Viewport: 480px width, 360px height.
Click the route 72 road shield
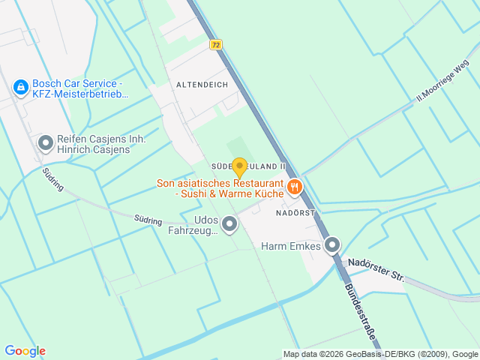click(x=216, y=45)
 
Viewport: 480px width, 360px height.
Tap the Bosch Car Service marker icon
click(x=22, y=88)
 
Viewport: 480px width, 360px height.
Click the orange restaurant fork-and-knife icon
click(x=295, y=187)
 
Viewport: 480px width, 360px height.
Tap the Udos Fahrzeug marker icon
click(x=229, y=223)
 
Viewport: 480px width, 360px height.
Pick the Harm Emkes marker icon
click(x=332, y=244)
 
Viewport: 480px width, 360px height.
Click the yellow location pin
click(x=239, y=167)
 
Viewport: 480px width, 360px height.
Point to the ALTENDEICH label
click(x=202, y=85)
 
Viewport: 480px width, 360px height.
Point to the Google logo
click(x=25, y=351)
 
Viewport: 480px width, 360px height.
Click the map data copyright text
click(x=380, y=354)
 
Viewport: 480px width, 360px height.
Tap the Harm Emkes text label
click(x=290, y=245)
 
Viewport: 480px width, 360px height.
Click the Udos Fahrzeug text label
click(x=196, y=225)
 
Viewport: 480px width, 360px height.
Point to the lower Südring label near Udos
click(x=148, y=220)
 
